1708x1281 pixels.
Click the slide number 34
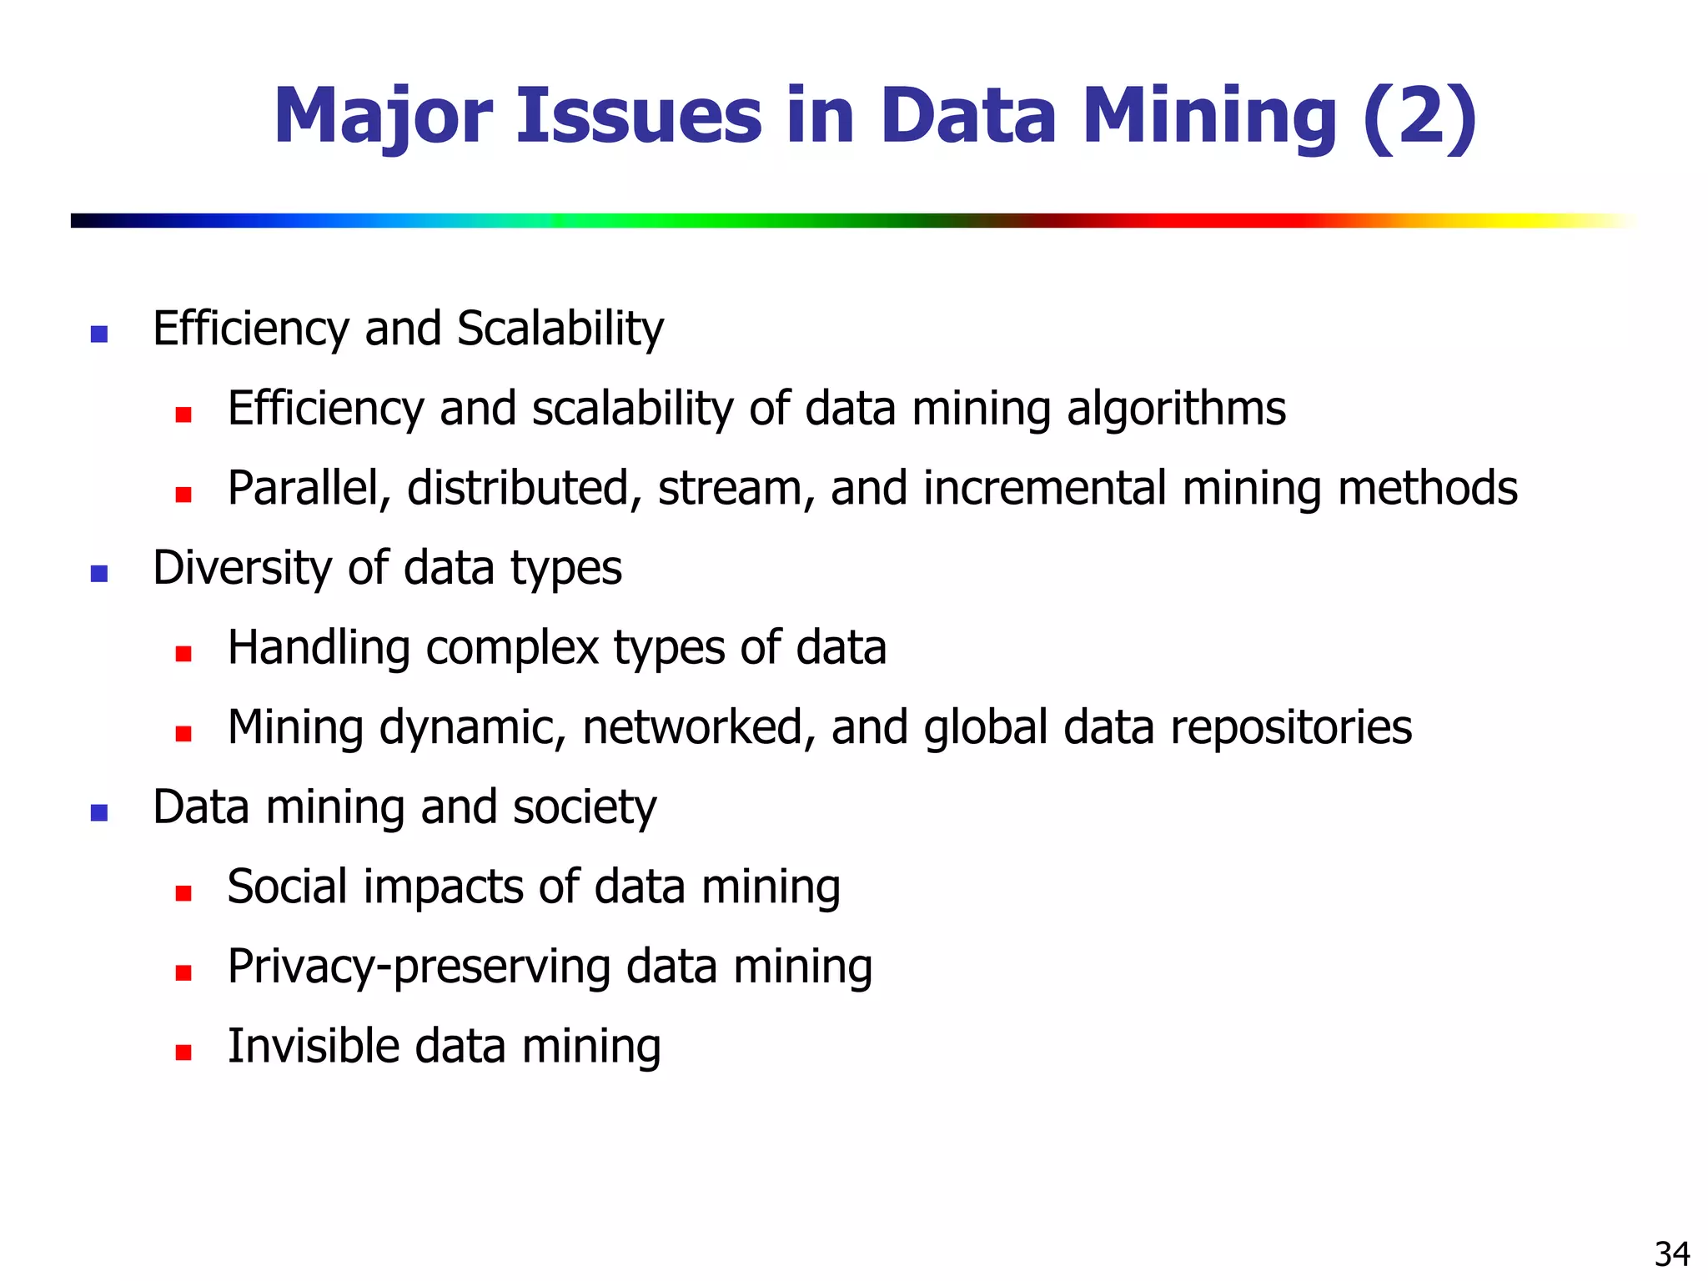tap(1672, 1254)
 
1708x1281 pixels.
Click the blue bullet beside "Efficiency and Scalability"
tap(99, 334)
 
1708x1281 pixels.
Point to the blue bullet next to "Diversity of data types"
tap(99, 574)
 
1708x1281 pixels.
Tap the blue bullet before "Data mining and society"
tap(99, 813)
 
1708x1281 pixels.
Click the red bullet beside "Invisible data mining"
tap(183, 1052)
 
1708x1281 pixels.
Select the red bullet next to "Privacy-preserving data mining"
tap(183, 972)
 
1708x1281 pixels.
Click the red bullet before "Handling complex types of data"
tap(183, 654)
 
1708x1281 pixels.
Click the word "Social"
tap(288, 887)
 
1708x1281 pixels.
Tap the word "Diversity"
tap(243, 569)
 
